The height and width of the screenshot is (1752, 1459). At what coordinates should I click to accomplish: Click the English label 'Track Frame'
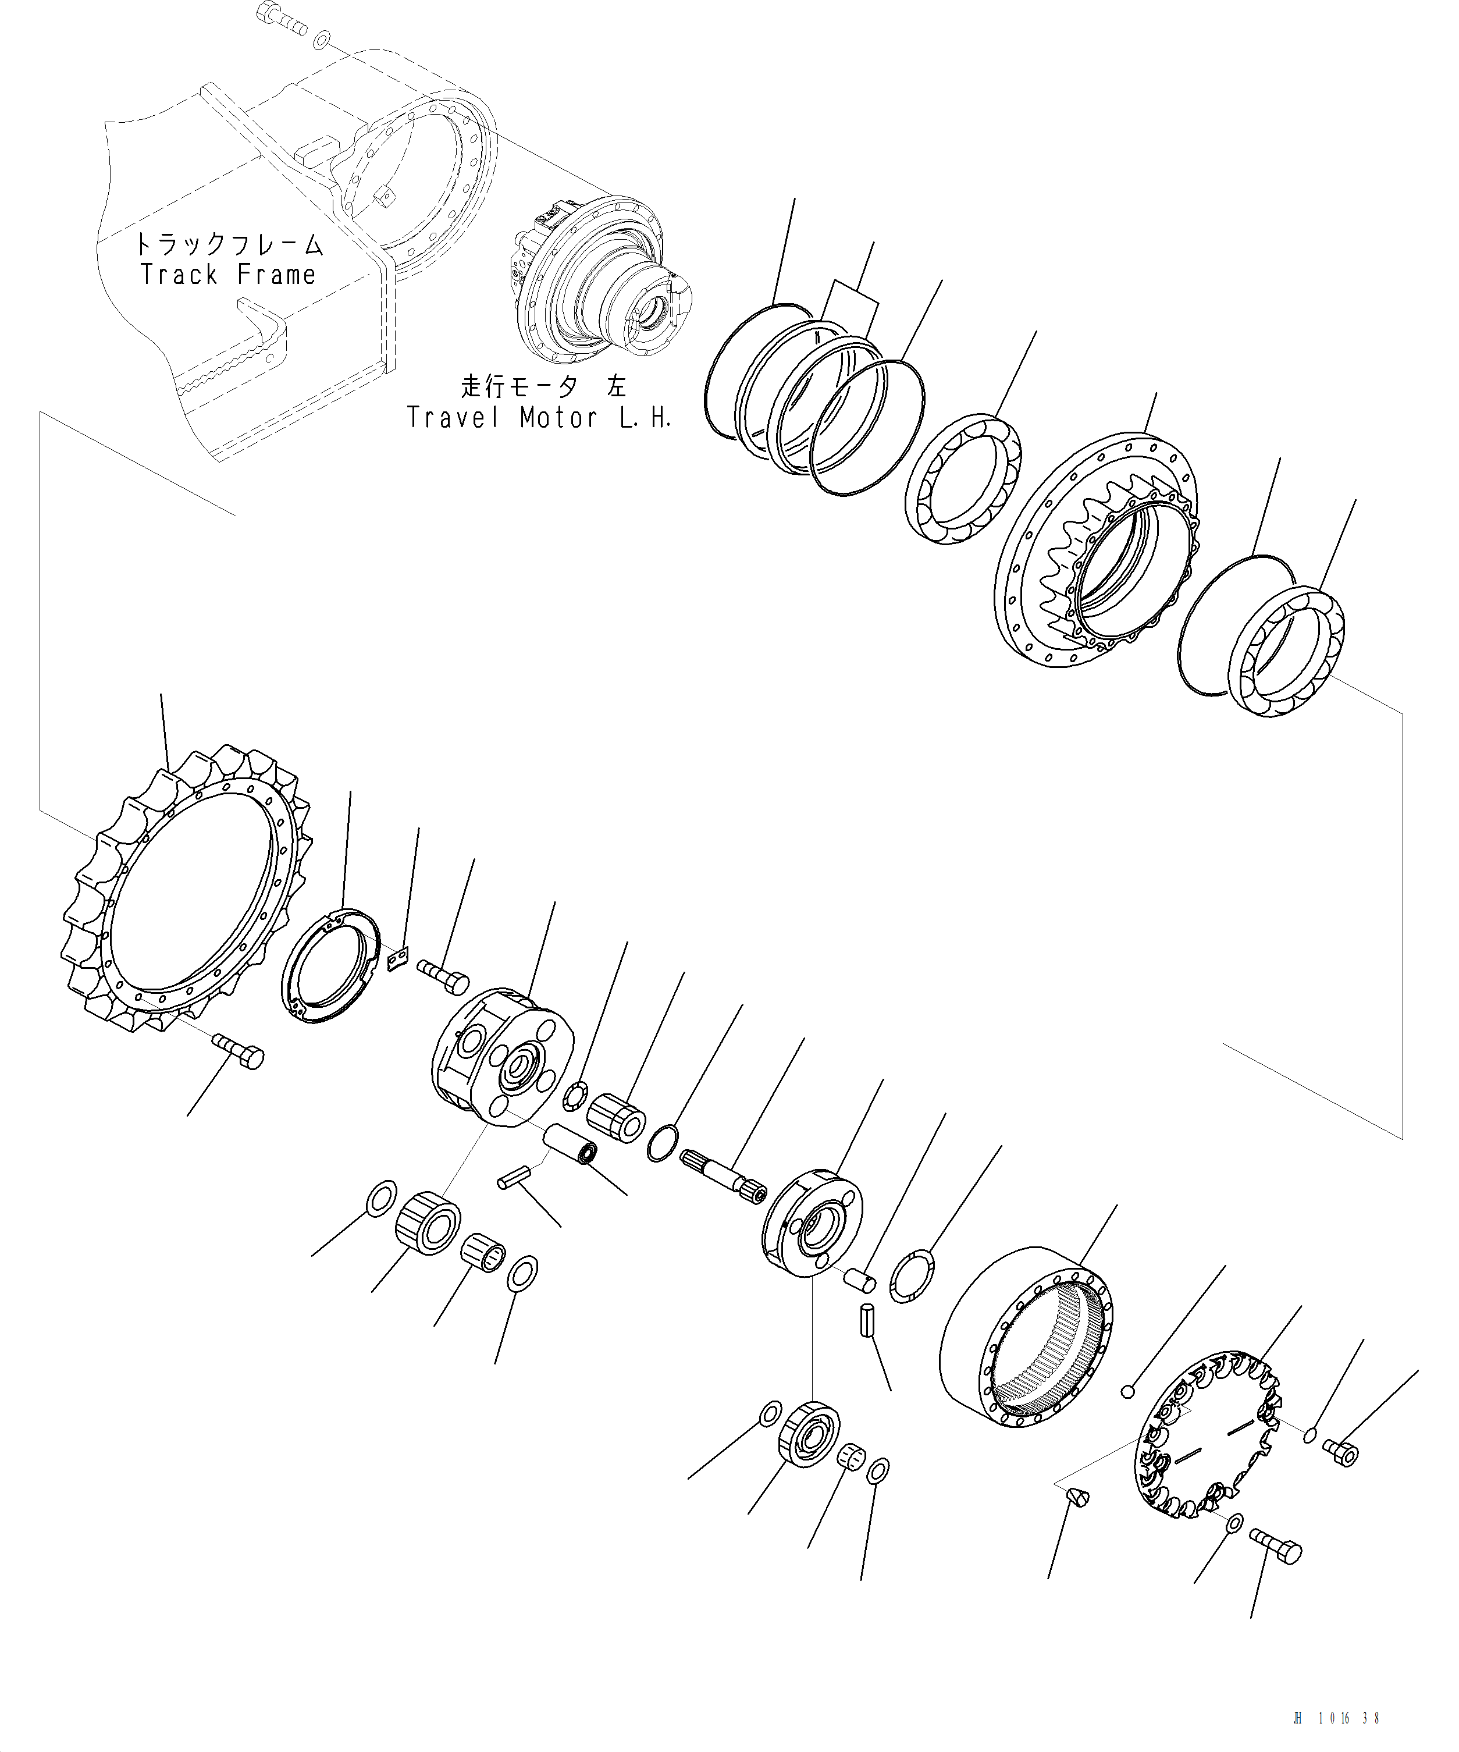tap(227, 275)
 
